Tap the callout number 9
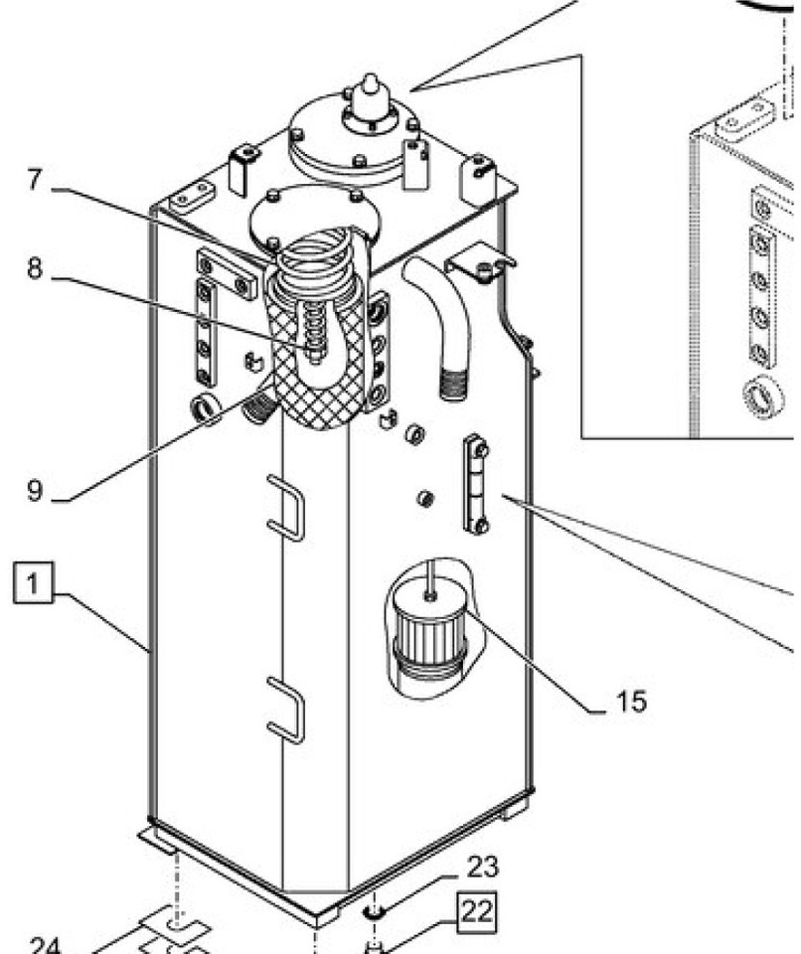(x=35, y=491)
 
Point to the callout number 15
(x=630, y=702)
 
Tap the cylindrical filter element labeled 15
(x=428, y=626)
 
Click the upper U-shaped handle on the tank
(x=285, y=509)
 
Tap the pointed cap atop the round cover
(x=370, y=90)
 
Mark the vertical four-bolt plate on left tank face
(x=205, y=332)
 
